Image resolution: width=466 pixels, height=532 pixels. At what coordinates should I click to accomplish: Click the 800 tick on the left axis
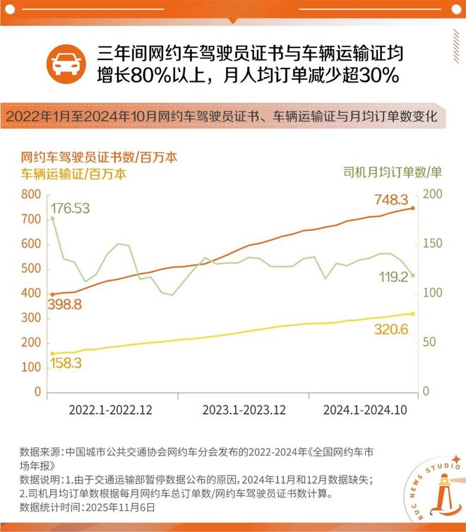click(31, 194)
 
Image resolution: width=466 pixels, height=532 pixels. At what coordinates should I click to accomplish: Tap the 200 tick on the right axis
click(433, 194)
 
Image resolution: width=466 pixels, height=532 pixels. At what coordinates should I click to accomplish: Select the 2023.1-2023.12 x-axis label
click(244, 410)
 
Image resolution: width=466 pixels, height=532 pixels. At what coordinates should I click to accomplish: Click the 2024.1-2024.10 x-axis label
click(364, 410)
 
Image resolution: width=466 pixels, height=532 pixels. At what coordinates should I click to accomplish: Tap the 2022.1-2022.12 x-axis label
click(111, 410)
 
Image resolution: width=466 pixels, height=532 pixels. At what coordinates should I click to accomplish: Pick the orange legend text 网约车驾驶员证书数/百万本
click(99, 157)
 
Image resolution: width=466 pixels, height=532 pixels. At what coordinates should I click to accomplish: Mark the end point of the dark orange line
click(413, 208)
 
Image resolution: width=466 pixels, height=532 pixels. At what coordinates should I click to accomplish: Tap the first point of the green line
click(52, 218)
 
